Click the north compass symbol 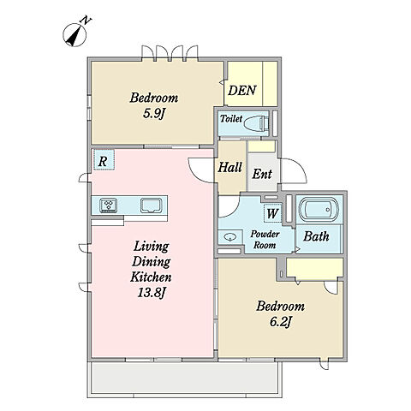pyautogui.click(x=74, y=34)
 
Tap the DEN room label pyautogui.click(x=242, y=91)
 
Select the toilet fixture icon pyautogui.click(x=256, y=123)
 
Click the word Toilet pyautogui.click(x=231, y=118)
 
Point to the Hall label pyautogui.click(x=230, y=167)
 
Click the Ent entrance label pyautogui.click(x=262, y=174)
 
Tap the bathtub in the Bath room pyautogui.click(x=319, y=210)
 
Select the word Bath pyautogui.click(x=316, y=236)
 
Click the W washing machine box pyautogui.click(x=272, y=213)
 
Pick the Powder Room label pyautogui.click(x=265, y=240)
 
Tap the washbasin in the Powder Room pyautogui.click(x=230, y=237)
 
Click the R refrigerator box pyautogui.click(x=104, y=160)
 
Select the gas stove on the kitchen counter pyautogui.click(x=109, y=205)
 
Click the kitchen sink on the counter pyautogui.click(x=151, y=205)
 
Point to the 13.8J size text pyautogui.click(x=152, y=293)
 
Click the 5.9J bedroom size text pyautogui.click(x=154, y=114)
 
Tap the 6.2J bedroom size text pyautogui.click(x=280, y=322)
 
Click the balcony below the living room pyautogui.click(x=184, y=378)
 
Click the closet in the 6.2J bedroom pyautogui.click(x=315, y=267)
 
